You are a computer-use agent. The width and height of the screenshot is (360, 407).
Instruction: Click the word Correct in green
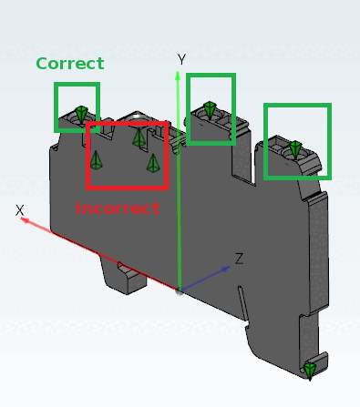pyautogui.click(x=70, y=64)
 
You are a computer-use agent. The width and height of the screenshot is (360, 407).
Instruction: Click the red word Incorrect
pyautogui.click(x=118, y=209)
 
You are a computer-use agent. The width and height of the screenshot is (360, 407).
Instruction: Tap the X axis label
pyautogui.click(x=19, y=210)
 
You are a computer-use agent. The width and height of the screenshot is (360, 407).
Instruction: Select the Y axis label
pyautogui.click(x=181, y=59)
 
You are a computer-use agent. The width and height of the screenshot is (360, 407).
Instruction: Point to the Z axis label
pyautogui.click(x=240, y=259)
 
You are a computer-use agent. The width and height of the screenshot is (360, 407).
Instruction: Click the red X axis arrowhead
pyautogui.click(x=26, y=220)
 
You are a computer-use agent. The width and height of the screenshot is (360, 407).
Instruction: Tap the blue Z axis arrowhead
pyautogui.click(x=225, y=269)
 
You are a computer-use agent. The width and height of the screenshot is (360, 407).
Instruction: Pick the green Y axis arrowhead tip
pyautogui.click(x=178, y=72)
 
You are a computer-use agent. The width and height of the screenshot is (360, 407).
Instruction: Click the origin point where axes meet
pyautogui.click(x=180, y=291)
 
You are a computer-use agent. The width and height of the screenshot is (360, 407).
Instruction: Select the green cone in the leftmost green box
pyautogui.click(x=81, y=114)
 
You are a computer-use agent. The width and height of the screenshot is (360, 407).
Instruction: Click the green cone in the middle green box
pyautogui.click(x=210, y=110)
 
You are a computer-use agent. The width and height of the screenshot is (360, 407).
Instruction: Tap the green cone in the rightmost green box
pyautogui.click(x=295, y=149)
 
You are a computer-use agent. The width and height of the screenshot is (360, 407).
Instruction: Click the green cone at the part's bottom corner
pyautogui.click(x=310, y=371)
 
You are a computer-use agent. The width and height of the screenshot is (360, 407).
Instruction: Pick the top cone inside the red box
pyautogui.click(x=139, y=137)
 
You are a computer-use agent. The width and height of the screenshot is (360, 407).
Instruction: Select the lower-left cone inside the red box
pyautogui.click(x=96, y=160)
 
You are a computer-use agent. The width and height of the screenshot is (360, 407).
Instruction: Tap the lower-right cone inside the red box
pyautogui.click(x=153, y=163)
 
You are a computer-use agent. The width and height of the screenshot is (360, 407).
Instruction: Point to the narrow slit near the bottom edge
pyautogui.click(x=243, y=303)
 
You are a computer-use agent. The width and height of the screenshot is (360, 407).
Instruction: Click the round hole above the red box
pyautogui.click(x=137, y=117)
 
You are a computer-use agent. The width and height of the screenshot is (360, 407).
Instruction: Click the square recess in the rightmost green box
pyautogui.click(x=276, y=147)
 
